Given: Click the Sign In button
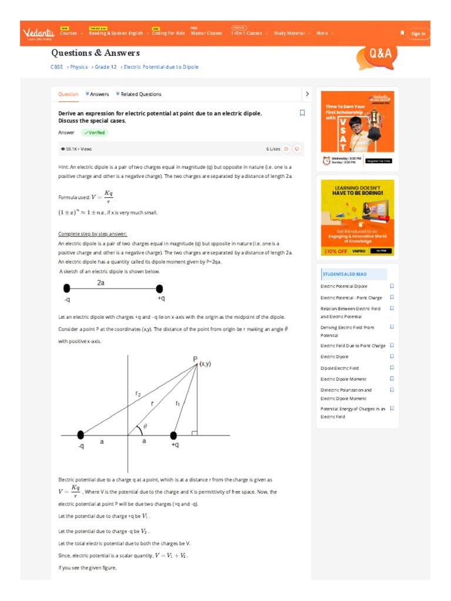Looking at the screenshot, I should (x=418, y=34).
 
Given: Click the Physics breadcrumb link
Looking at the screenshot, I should (x=79, y=67).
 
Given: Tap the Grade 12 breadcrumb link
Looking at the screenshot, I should (x=106, y=67).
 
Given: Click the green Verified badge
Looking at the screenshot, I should (x=95, y=133).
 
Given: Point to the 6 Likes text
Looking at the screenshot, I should (x=273, y=149).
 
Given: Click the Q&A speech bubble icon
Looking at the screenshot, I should (x=379, y=54).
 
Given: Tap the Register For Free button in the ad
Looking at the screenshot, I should (x=379, y=160).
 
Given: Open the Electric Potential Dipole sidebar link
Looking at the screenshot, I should (x=344, y=286).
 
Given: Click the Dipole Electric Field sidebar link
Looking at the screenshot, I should (x=339, y=368).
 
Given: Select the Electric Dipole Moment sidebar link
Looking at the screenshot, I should (x=344, y=379).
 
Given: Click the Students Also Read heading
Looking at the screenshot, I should (x=345, y=274).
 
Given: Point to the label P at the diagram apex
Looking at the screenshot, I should (x=195, y=359).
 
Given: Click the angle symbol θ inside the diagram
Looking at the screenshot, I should (x=145, y=427).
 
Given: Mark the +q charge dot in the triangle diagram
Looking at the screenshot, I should (x=173, y=435).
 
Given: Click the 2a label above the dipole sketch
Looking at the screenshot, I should (x=101, y=283).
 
